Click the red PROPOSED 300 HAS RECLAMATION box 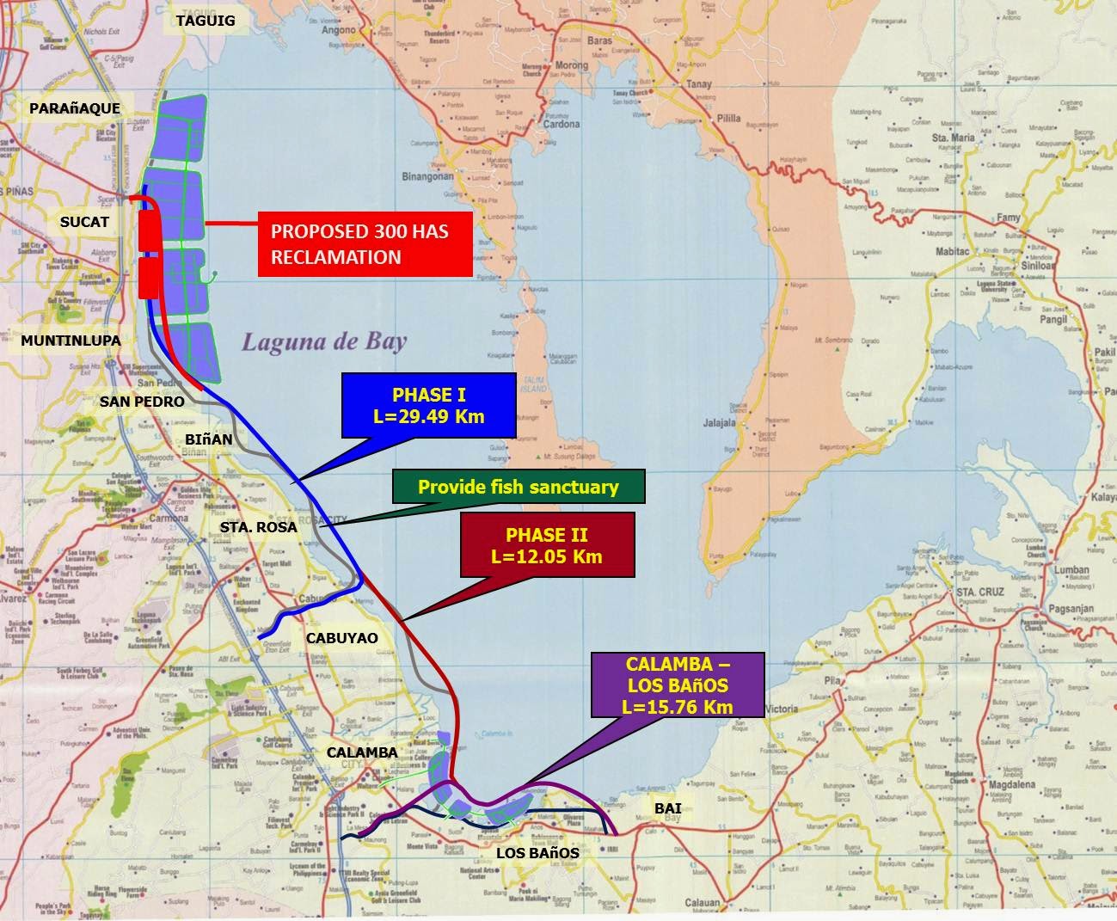pos(365,244)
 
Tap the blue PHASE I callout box pos(427,406)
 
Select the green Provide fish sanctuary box pos(518,487)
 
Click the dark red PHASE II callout pos(547,545)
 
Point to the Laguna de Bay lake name pos(323,342)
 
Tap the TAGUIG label pos(206,21)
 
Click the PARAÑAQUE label pos(75,108)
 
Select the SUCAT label pos(84,222)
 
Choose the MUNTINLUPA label pos(71,341)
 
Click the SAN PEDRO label pos(142,402)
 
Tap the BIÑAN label pos(208,439)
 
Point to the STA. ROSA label pos(259,526)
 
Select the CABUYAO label pos(341,638)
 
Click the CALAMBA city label pos(362,752)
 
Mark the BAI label pos(667,808)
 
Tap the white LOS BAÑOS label pos(537,853)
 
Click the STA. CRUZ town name pos(979,592)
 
